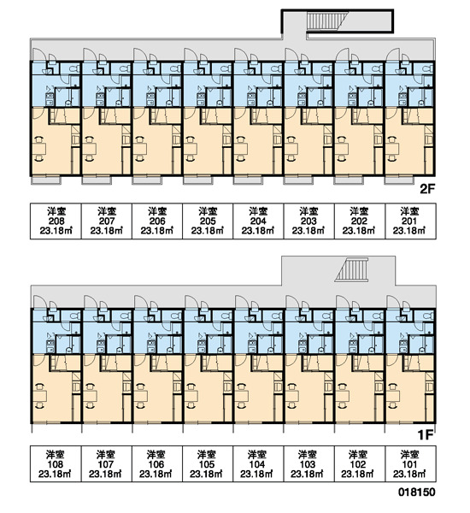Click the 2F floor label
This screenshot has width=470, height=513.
pyautogui.click(x=427, y=189)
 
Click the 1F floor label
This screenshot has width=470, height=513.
pyautogui.click(x=426, y=435)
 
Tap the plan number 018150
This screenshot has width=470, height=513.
pyautogui.click(x=417, y=492)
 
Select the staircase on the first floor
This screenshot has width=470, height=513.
pyautogui.click(x=352, y=269)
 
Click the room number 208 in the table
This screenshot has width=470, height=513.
pyautogui.click(x=56, y=221)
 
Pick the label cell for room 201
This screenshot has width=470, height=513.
pyautogui.click(x=410, y=221)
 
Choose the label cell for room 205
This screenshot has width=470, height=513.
pyautogui.click(x=208, y=221)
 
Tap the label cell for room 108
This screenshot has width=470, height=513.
pyautogui.click(x=56, y=464)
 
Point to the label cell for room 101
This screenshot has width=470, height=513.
pyautogui.click(x=410, y=464)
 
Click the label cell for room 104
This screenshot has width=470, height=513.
pyautogui.click(x=258, y=464)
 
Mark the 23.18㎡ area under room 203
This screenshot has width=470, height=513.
pyautogui.click(x=308, y=231)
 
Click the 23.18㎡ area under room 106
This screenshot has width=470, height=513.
pyautogui.click(x=156, y=474)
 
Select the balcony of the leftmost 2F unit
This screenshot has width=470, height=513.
pyautogui.click(x=46, y=180)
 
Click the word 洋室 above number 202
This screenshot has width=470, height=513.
pyautogui.click(x=359, y=211)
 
